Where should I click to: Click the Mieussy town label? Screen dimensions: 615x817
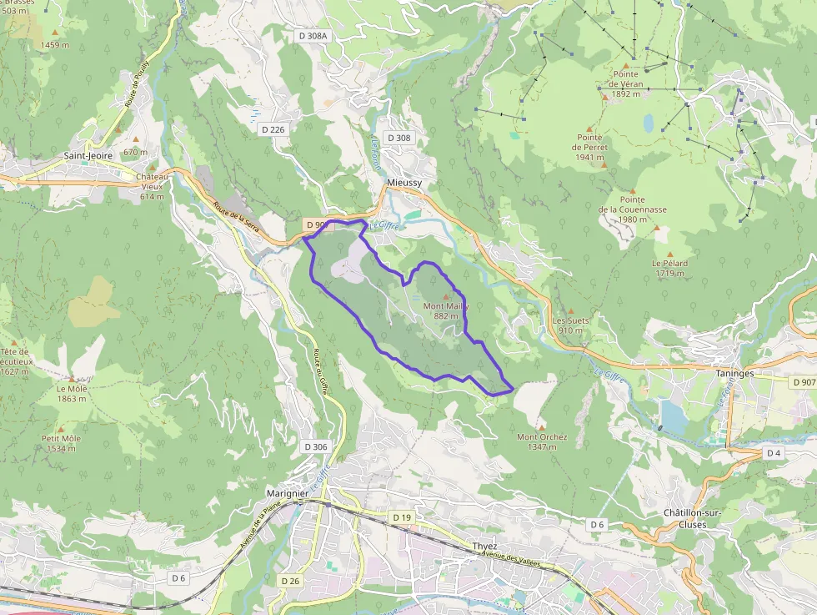click(404, 182)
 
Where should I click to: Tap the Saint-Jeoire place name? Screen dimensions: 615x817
click(89, 156)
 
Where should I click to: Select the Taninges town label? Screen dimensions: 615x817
click(734, 374)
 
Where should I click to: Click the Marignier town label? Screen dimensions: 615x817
click(288, 493)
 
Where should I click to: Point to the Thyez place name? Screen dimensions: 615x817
click(484, 547)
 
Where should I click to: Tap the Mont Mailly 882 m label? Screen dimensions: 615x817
click(446, 310)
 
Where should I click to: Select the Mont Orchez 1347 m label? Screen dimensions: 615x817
click(542, 441)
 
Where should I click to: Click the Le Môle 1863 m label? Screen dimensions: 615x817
click(72, 394)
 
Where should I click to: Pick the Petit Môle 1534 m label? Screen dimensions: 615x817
click(61, 443)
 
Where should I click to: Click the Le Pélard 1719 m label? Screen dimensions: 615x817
click(669, 268)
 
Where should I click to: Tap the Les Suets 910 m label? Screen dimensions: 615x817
click(570, 325)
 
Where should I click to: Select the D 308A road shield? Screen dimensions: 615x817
click(313, 36)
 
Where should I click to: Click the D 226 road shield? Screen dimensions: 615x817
click(273, 129)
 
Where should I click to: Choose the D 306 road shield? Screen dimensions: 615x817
click(316, 446)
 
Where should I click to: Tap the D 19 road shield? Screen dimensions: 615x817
click(402, 517)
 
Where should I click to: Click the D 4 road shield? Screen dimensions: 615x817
click(774, 453)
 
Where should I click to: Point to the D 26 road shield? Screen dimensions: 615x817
click(290, 580)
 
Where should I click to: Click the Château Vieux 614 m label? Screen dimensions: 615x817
click(152, 187)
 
